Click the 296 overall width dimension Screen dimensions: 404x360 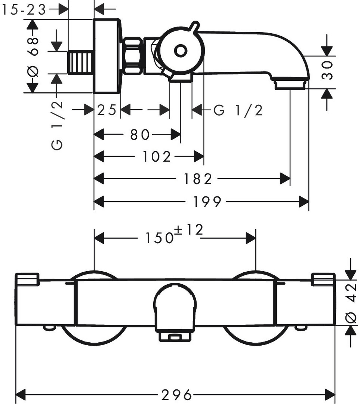click(x=176, y=394)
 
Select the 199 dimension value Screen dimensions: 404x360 click(x=207, y=202)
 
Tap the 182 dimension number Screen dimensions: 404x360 click(x=198, y=179)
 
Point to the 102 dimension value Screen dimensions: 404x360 click(x=157, y=157)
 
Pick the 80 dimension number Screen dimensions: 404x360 click(x=140, y=134)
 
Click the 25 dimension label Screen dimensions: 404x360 click(x=107, y=110)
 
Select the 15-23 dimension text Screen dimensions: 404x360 click(x=24, y=10)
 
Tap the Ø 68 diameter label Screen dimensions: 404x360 click(x=33, y=56)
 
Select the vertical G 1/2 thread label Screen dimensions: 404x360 click(x=57, y=125)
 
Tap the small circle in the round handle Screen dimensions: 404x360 click(x=181, y=50)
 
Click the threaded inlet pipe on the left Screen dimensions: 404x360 click(x=80, y=63)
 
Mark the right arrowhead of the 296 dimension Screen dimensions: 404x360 click(x=330, y=394)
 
